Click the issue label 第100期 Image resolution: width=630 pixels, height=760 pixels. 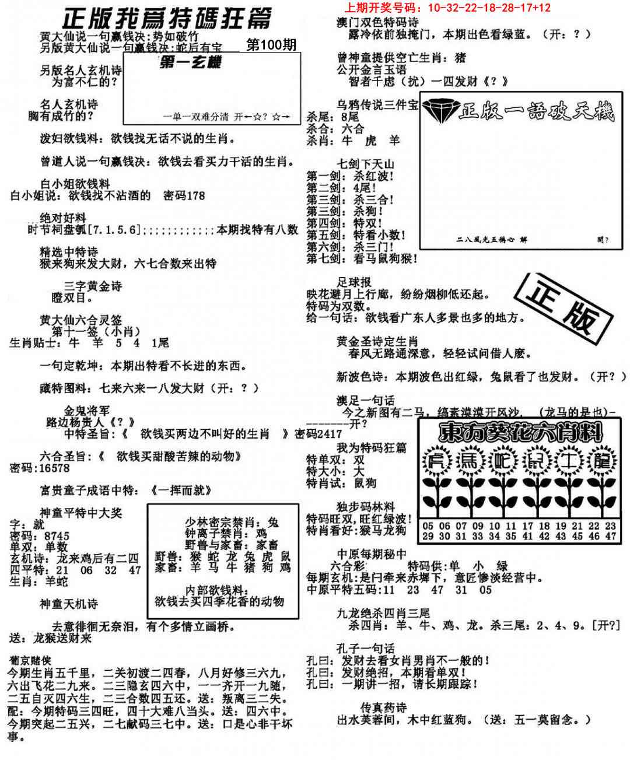[271, 45]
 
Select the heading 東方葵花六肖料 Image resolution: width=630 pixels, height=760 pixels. [521, 433]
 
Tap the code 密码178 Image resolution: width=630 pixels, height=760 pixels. [184, 196]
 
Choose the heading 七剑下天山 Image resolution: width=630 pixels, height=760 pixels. [366, 164]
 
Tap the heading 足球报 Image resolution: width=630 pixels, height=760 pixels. [353, 282]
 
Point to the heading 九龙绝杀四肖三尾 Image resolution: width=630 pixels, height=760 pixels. [383, 613]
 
